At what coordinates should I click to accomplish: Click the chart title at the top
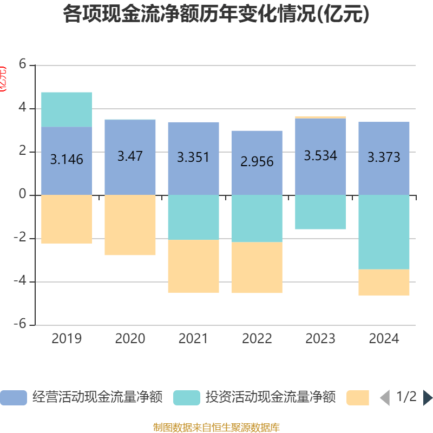point(216,15)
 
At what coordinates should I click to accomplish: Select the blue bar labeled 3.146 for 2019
point(67,160)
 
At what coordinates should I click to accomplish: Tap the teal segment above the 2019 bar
point(67,109)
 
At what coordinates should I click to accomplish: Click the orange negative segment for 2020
point(130,225)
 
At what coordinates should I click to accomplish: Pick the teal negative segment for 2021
point(193,217)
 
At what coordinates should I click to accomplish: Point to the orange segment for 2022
point(257,267)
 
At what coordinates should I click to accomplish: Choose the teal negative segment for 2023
point(320,212)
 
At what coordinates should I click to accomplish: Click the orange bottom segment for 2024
point(384,283)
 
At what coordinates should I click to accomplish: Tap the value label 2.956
point(257,161)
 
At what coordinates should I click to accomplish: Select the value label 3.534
point(320,156)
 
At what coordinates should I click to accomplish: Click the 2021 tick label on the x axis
point(193,339)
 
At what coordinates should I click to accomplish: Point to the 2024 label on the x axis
point(384,339)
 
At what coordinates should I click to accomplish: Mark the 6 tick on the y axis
point(22,64)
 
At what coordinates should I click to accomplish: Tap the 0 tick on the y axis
point(22,194)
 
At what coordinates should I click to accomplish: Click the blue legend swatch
point(13,398)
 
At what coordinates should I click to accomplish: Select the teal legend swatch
point(187,398)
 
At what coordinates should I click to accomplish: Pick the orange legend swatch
point(357,398)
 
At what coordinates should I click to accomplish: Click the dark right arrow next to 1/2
point(428,398)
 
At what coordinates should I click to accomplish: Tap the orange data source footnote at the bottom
point(216,428)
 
